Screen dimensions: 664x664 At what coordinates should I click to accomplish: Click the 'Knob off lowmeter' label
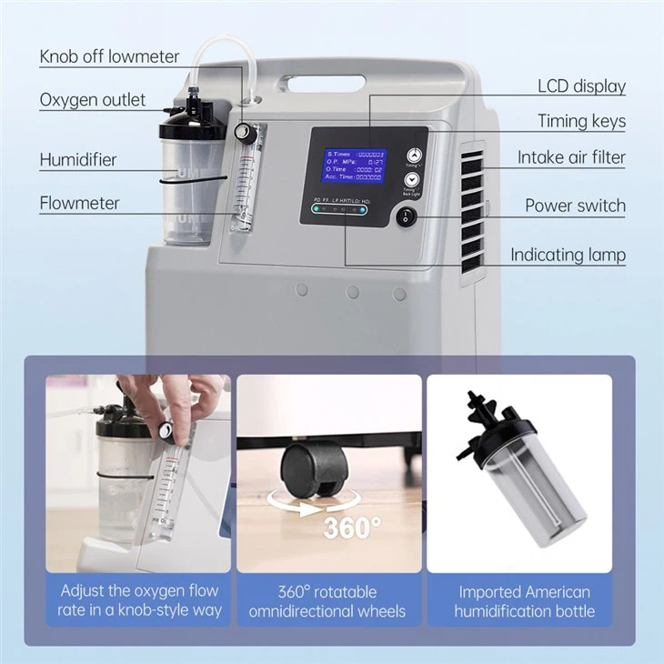pyautogui.click(x=109, y=56)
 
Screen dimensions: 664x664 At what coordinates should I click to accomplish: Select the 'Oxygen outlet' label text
pyautogui.click(x=92, y=100)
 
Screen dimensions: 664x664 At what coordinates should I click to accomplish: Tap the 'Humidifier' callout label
pyautogui.click(x=78, y=160)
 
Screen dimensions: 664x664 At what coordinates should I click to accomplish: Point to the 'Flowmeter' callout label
pyautogui.click(x=79, y=203)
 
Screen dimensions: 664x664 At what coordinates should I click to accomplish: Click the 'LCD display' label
pyautogui.click(x=581, y=86)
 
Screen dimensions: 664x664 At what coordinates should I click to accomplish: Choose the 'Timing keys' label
pyautogui.click(x=581, y=121)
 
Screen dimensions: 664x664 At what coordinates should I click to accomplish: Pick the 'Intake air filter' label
pyautogui.click(x=571, y=157)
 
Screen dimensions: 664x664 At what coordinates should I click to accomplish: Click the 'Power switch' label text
pyautogui.click(x=575, y=206)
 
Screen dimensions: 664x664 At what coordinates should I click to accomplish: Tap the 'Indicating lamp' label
pyautogui.click(x=568, y=255)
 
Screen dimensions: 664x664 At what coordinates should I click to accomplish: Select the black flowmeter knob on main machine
pyautogui.click(x=242, y=133)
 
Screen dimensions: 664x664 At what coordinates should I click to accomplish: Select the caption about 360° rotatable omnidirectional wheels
pyautogui.click(x=328, y=601)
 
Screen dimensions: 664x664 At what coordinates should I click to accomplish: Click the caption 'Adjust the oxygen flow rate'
pyautogui.click(x=138, y=601)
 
